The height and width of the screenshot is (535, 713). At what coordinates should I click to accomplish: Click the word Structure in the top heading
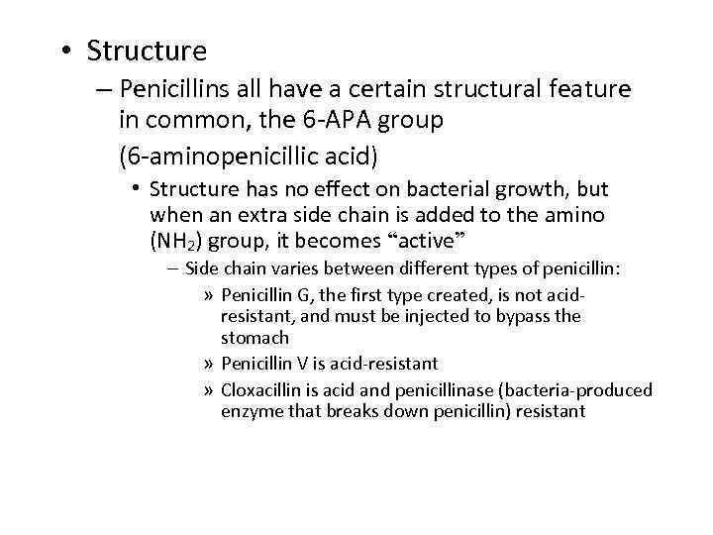(147, 51)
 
